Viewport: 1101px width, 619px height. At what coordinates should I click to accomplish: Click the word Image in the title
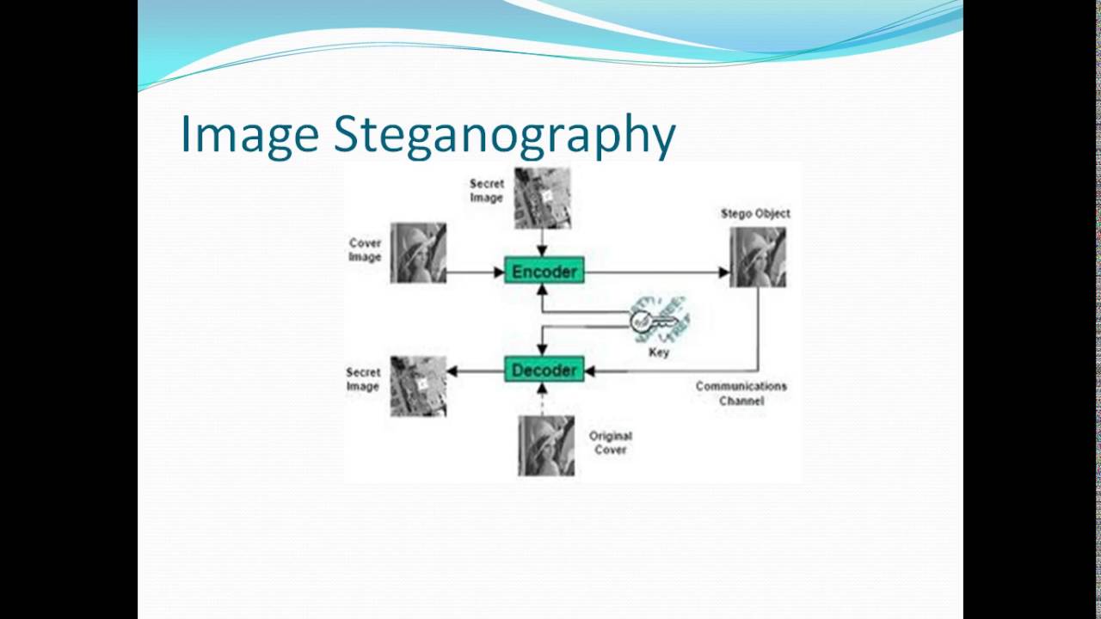[x=248, y=135]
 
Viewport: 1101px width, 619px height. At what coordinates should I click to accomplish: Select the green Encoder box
[x=544, y=272]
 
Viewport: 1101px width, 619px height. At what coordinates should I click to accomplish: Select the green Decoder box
[x=544, y=371]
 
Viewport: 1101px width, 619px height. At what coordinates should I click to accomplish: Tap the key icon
[x=659, y=322]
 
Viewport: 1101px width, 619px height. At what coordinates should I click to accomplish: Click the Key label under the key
[x=659, y=352]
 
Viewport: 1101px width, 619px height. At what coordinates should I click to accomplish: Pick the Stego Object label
[x=755, y=213]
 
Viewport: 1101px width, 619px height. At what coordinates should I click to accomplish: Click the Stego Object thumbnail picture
[x=758, y=256]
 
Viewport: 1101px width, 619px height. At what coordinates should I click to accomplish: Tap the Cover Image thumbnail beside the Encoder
[x=418, y=253]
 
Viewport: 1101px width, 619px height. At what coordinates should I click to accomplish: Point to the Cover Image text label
[x=365, y=249]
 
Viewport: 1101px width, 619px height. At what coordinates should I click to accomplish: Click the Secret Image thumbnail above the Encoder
[x=542, y=198]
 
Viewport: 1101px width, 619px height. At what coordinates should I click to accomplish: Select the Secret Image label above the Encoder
[x=486, y=191]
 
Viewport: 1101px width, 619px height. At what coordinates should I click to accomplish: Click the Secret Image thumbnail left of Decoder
[x=418, y=387]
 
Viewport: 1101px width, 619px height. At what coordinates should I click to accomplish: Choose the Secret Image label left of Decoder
[x=363, y=379]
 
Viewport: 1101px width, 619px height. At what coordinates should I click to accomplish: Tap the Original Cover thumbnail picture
[x=546, y=445]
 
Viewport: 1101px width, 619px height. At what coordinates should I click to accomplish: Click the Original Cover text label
[x=611, y=443]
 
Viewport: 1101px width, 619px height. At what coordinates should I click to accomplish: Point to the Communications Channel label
[x=741, y=393]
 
